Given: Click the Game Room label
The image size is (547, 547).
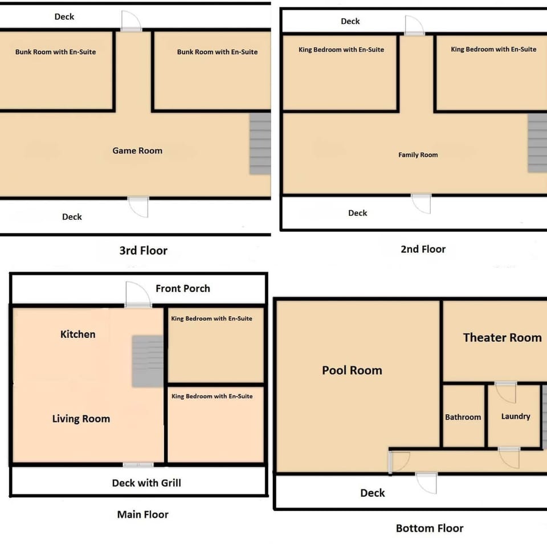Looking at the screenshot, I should (137, 151).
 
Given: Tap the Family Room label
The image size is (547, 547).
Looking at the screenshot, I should (418, 155).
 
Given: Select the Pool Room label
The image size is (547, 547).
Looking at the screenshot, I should (352, 370).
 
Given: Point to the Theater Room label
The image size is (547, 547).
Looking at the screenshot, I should (502, 338).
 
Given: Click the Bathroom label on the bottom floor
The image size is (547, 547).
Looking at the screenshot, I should (463, 417).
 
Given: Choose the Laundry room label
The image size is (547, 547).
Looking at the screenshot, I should (516, 417).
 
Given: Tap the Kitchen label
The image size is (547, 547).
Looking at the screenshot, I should (78, 334).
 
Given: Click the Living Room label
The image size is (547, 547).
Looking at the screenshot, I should (81, 419).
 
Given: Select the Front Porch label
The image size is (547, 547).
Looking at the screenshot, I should (183, 288).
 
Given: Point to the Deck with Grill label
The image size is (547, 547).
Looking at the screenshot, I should (146, 483).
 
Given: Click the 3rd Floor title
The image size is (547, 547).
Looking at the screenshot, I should (143, 251).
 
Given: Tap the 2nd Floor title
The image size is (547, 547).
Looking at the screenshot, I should (423, 249).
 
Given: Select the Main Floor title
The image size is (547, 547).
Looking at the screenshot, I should (142, 515).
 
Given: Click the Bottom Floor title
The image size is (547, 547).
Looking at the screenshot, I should (430, 528).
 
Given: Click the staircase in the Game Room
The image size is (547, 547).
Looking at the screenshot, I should (260, 144).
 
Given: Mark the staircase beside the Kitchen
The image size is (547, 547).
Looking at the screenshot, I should (148, 361).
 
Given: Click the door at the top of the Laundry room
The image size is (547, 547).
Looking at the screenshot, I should (505, 392).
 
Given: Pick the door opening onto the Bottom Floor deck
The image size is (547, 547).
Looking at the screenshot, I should (426, 482).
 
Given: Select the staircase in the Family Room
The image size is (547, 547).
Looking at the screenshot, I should (537, 142).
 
